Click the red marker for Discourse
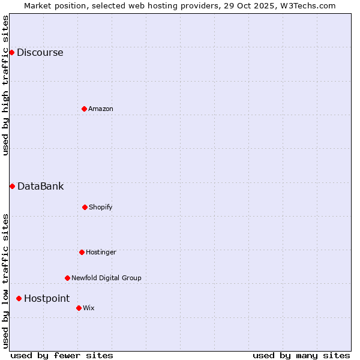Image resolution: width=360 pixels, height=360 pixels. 11,52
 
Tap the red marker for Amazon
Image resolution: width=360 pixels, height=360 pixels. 84,109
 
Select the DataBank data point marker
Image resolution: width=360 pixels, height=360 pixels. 12,186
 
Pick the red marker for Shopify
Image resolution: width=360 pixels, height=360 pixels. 85,207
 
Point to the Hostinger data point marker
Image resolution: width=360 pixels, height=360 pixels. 82,252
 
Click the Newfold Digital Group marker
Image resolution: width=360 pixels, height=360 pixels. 67,278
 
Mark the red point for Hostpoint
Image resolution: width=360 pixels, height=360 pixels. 19,298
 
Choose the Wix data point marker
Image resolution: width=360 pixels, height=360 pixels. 79,308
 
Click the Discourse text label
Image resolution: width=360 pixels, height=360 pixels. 40,52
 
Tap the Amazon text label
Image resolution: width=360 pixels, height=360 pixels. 101,109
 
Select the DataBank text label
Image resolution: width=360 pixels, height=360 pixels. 40,186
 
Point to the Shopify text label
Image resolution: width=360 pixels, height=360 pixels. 101,207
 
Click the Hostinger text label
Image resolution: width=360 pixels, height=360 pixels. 101,252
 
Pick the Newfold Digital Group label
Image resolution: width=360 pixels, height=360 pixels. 106,278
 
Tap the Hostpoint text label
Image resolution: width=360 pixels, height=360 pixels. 47,298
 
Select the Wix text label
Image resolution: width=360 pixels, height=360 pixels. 89,308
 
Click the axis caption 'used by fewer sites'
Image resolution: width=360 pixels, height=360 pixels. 62,355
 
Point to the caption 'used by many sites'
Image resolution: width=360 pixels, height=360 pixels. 301,355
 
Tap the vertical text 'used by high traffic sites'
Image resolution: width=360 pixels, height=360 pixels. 5,85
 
